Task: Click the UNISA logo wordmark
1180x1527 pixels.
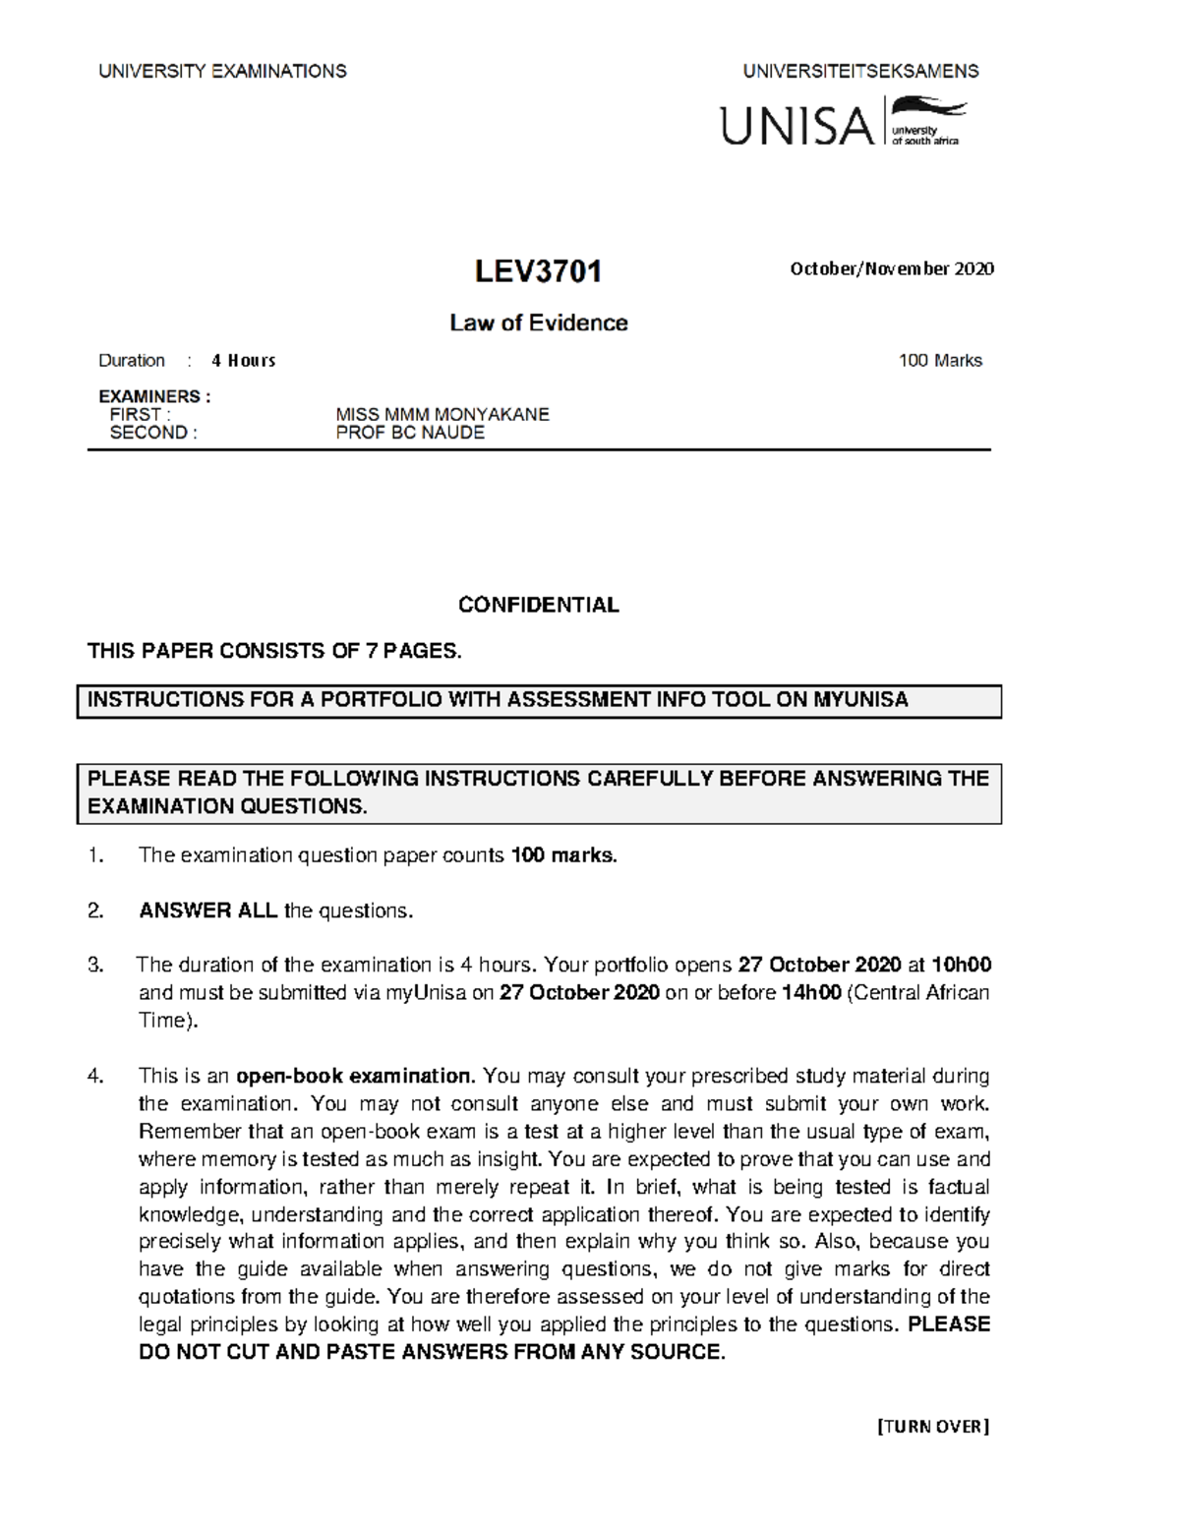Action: click(796, 126)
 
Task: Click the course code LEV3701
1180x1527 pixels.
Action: click(538, 271)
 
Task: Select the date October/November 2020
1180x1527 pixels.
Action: click(892, 268)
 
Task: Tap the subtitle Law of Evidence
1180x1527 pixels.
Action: click(538, 323)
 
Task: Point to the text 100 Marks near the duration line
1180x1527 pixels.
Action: click(940, 361)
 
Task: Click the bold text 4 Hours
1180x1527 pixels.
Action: click(251, 361)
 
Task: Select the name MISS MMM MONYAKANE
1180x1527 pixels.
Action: click(442, 415)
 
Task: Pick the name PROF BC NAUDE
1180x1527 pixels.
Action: click(410, 433)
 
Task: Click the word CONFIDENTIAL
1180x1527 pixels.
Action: click(538, 605)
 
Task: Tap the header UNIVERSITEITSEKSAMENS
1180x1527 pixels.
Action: click(860, 71)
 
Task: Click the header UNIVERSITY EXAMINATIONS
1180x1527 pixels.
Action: click(222, 71)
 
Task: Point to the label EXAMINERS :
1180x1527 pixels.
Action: click(154, 397)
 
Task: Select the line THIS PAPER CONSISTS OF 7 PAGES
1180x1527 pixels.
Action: click(274, 651)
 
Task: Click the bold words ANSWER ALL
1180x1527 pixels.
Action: click(208, 910)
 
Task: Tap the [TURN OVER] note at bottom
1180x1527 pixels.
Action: click(932, 1426)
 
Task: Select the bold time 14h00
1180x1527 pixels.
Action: click(810, 992)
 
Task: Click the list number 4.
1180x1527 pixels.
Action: click(94, 1076)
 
